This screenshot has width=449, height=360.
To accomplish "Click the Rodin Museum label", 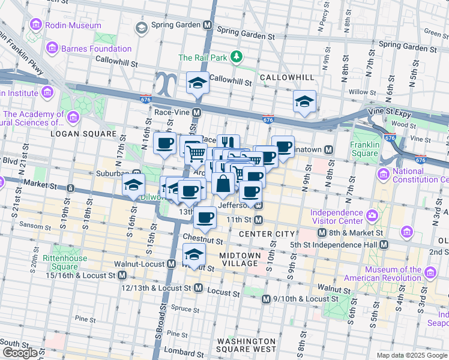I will click(x=75, y=25).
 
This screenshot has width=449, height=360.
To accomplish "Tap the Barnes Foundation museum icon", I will click(x=52, y=48).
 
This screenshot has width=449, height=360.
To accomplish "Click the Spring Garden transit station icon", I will click(x=208, y=26).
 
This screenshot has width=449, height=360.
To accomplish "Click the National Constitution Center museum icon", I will click(x=383, y=174).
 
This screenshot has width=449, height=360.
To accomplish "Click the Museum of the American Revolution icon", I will click(x=429, y=274).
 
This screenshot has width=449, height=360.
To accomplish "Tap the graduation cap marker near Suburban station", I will click(x=133, y=184).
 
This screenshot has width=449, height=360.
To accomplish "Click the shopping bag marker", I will click(x=223, y=184).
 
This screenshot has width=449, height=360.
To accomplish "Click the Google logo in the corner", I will click(x=20, y=353).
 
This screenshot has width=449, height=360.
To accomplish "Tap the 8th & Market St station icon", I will click(x=322, y=233).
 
